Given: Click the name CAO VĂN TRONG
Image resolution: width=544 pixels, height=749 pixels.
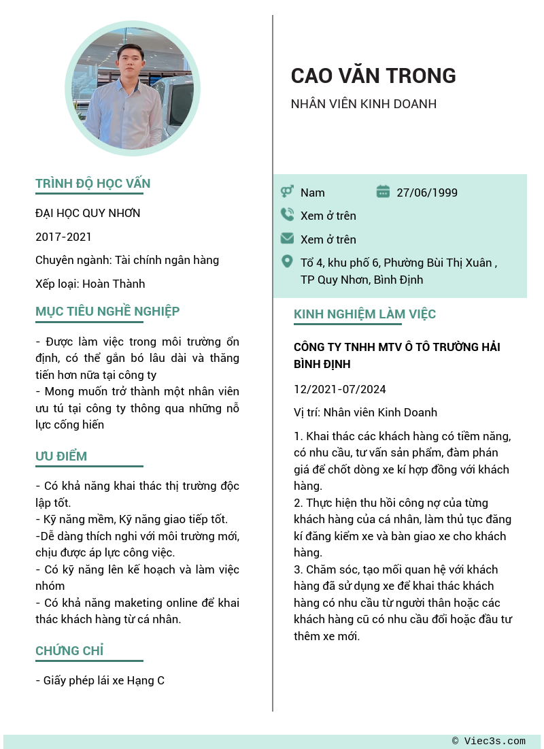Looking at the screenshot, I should tap(373, 76).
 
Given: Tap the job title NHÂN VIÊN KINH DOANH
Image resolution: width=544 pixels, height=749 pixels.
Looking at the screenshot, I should tap(363, 104).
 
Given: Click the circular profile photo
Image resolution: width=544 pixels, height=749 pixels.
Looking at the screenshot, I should tap(133, 88).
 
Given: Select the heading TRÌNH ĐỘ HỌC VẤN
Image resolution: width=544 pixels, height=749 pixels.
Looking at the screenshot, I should tap(93, 184).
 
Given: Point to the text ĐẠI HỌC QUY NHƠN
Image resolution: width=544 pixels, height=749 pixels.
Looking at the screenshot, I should tap(88, 214).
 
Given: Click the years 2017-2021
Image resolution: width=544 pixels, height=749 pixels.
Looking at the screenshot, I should tap(63, 237).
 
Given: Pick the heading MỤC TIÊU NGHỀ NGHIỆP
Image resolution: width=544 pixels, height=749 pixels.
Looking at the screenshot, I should tap(107, 312).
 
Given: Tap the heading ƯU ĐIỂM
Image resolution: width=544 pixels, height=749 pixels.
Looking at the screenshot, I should tap(61, 456).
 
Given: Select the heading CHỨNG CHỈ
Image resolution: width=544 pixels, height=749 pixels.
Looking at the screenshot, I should tap(69, 651).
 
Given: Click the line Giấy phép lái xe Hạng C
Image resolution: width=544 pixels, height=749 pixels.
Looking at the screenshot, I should tap(100, 680).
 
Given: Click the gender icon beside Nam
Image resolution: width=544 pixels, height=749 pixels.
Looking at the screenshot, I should tap(287, 192).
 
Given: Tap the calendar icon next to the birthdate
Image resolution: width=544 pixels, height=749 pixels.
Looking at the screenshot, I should tap(383, 192).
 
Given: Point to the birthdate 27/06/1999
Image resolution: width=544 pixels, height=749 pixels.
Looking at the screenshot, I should tap(427, 193).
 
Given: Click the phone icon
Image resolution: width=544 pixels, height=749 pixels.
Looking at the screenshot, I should tap(287, 215).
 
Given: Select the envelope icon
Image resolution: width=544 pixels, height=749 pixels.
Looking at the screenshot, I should tap(287, 239).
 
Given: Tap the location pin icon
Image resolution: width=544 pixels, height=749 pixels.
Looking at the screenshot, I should tap(287, 262).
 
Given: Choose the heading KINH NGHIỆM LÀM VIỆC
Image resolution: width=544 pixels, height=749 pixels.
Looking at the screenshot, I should tap(364, 314).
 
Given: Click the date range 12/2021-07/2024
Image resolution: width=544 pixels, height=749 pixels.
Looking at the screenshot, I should tap(339, 389).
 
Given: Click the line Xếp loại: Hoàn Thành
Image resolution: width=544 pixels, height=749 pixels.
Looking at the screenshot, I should tap(90, 284).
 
